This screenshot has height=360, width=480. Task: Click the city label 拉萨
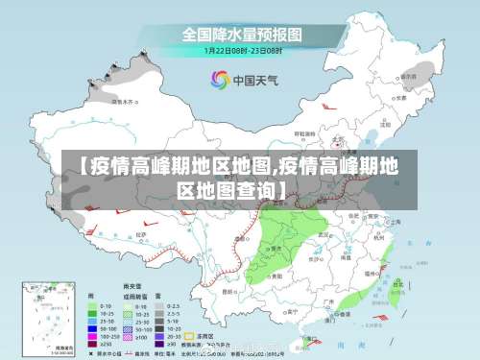pos(142,233)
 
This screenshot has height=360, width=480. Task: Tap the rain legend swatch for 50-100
pos(92,328)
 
